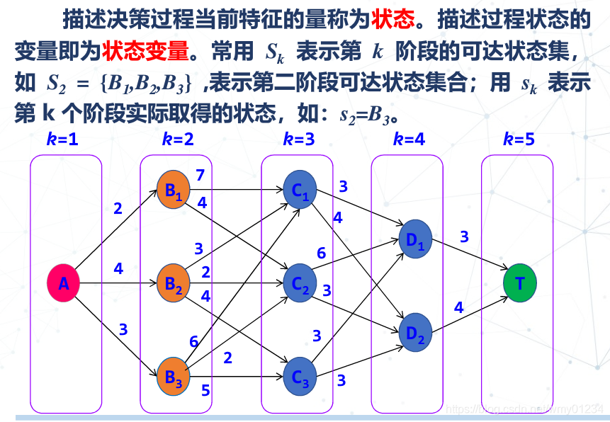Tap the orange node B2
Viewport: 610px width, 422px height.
tap(174, 284)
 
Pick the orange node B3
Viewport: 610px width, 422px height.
tap(174, 377)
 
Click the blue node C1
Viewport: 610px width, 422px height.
tap(299, 190)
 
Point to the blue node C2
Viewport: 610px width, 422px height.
tap(299, 284)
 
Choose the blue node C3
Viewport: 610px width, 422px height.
tap(300, 377)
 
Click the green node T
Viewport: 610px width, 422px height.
tap(520, 284)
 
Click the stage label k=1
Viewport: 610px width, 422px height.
tap(62, 139)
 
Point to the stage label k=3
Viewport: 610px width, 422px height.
tap(298, 139)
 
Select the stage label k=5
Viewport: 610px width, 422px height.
tap(519, 139)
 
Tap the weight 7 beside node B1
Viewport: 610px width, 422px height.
tap(200, 175)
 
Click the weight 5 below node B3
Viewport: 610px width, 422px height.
tap(205, 389)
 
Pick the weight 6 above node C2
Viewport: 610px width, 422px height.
tap(321, 253)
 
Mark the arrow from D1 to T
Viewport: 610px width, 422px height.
tap(470, 254)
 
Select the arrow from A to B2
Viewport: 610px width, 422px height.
tap(118, 284)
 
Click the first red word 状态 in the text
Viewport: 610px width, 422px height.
tap(392, 19)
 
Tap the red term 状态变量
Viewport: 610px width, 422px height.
tap(146, 51)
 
